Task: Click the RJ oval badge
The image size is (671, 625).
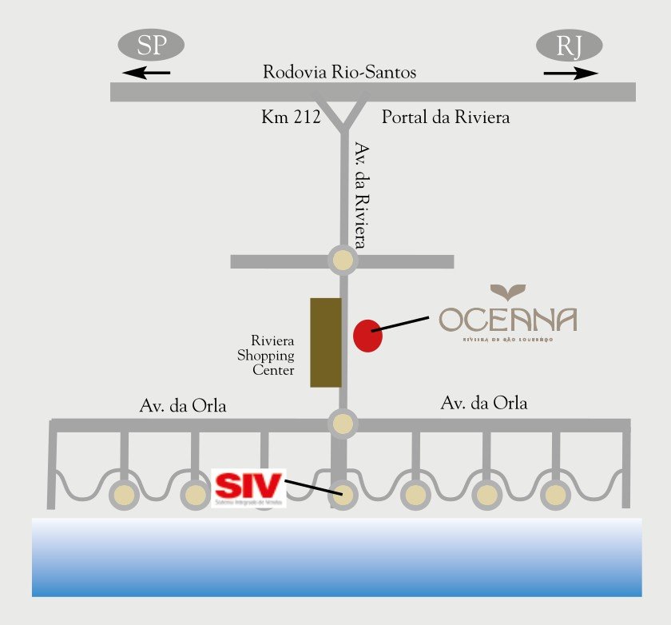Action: pyautogui.click(x=570, y=46)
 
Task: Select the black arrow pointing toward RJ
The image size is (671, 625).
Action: pyautogui.click(x=571, y=74)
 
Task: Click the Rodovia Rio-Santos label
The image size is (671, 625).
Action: pyautogui.click(x=339, y=72)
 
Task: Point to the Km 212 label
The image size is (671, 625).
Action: pyautogui.click(x=291, y=117)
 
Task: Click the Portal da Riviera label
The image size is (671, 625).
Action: pyautogui.click(x=445, y=117)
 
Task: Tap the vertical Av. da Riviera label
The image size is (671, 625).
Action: pyautogui.click(x=361, y=195)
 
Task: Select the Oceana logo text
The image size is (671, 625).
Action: pyautogui.click(x=508, y=320)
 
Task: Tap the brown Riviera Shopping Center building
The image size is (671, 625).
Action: pyautogui.click(x=326, y=342)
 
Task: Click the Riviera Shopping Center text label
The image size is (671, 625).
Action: pyautogui.click(x=272, y=356)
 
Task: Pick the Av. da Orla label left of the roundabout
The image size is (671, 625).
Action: pyautogui.click(x=183, y=406)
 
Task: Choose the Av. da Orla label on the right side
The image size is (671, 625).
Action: pyautogui.click(x=484, y=403)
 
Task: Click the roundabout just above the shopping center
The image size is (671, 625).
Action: pyautogui.click(x=343, y=261)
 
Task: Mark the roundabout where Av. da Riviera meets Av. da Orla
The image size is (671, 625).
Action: pyautogui.click(x=343, y=423)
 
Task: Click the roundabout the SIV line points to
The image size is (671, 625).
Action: pyautogui.click(x=343, y=496)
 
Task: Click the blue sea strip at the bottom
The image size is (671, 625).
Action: pyautogui.click(x=335, y=557)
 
